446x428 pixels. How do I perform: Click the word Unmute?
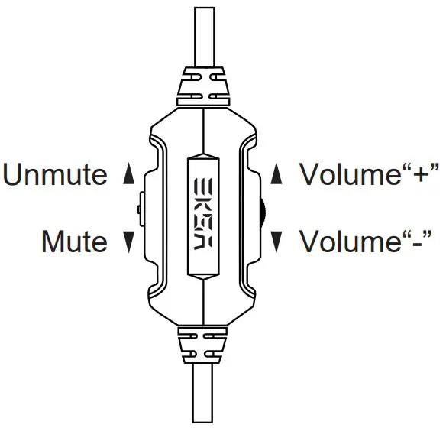[56, 175]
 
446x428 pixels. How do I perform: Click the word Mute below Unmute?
[74, 242]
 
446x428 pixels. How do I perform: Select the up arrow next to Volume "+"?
[278, 175]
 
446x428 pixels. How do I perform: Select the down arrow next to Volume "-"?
[278, 242]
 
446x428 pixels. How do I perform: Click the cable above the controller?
[204, 34]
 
